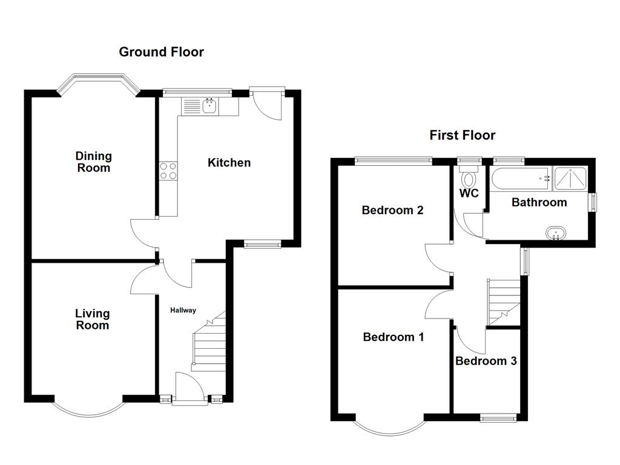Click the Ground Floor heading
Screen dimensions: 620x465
coord(161,52)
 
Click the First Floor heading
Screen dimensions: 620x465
coord(462,135)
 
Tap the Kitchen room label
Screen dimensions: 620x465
coord(229,162)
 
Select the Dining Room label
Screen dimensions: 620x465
coord(94,162)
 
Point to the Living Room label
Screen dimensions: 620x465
coord(93,319)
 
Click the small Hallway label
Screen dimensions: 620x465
coord(183,311)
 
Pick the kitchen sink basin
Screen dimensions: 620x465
coord(209,106)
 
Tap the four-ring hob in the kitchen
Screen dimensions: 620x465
coord(168,171)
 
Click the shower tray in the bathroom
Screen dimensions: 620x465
coord(570,179)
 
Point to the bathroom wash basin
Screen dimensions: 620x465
coord(556,233)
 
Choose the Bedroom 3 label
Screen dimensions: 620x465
coord(486,361)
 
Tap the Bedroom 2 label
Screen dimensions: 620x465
coord(392,210)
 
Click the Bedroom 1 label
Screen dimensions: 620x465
coord(394,337)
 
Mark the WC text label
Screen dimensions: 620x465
coord(469,193)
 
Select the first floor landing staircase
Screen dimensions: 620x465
coord(503,302)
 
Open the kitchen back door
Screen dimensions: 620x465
coord(267,104)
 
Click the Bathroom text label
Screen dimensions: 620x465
coord(539,202)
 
